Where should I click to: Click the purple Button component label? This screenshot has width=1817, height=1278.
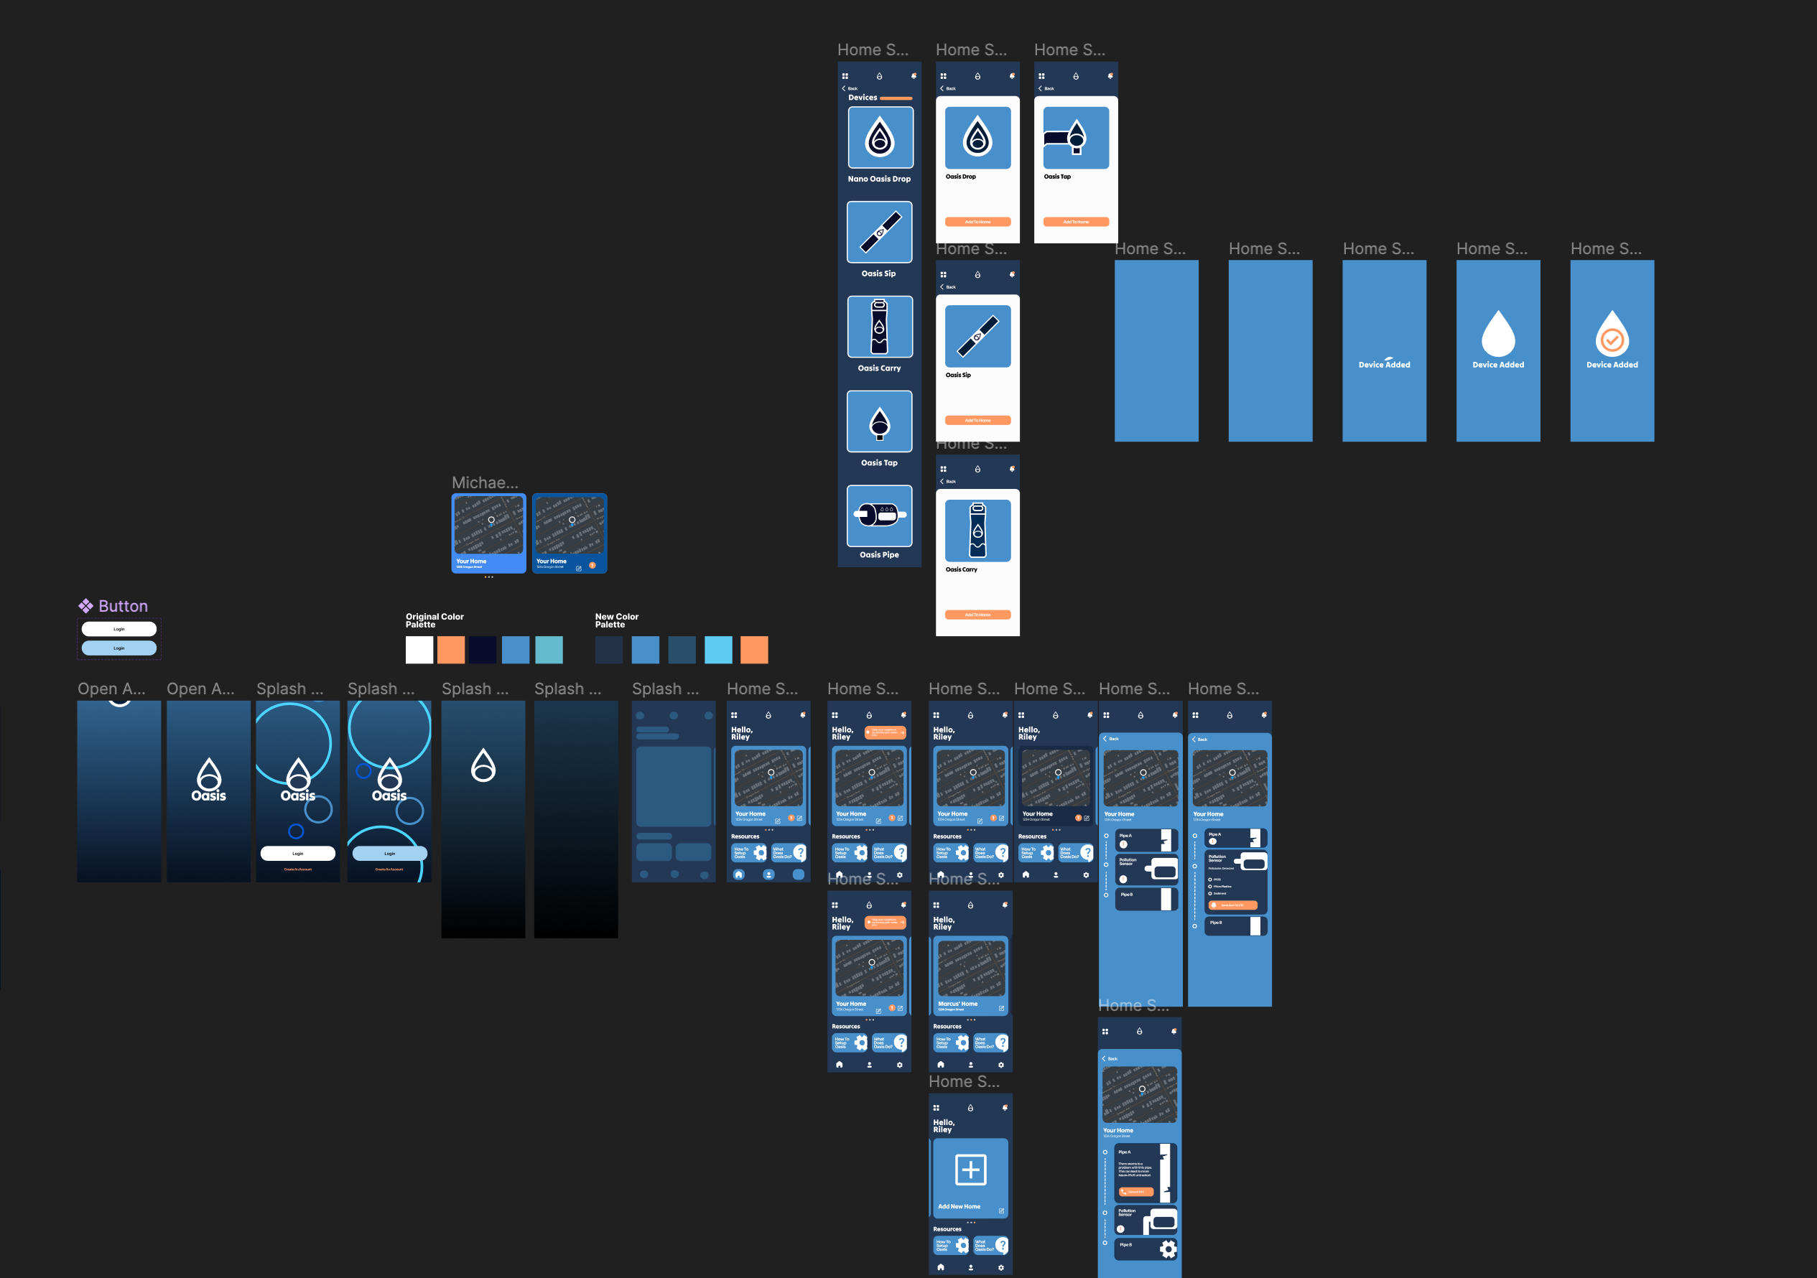[x=123, y=606]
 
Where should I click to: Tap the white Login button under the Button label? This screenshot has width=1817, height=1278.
[x=118, y=629]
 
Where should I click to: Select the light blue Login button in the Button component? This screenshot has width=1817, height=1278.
[x=118, y=648]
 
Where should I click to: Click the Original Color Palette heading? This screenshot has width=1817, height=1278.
[x=434, y=620]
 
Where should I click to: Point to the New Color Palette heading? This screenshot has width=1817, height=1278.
[x=616, y=620]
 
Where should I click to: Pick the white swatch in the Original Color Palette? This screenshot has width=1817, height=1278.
[x=419, y=650]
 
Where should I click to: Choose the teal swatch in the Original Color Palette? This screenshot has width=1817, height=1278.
[x=549, y=650]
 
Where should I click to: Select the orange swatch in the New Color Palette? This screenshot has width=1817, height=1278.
[x=753, y=650]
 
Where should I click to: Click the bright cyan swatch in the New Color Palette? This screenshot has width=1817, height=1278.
[x=717, y=650]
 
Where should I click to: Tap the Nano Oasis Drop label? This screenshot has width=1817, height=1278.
[x=879, y=179]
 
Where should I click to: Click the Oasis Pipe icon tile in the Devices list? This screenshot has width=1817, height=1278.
[x=879, y=516]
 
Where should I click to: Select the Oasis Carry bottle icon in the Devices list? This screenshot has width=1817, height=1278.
[x=879, y=327]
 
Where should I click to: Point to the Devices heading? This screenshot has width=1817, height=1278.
[x=863, y=98]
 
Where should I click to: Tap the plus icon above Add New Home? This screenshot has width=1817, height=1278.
[x=970, y=1170]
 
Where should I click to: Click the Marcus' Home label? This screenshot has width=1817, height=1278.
[x=957, y=1004]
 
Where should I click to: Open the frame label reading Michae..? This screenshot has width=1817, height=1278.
[x=484, y=482]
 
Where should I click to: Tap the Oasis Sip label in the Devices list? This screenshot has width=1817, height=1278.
[x=878, y=274]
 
